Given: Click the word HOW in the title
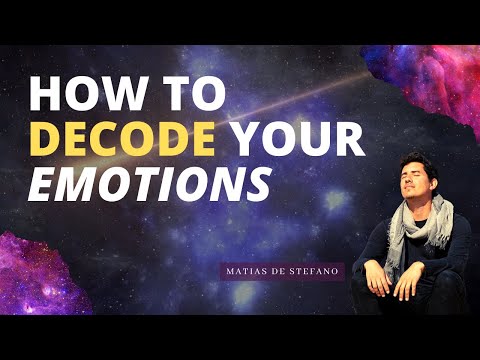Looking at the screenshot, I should coord(76,96).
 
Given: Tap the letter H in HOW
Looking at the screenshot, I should coord(44,96).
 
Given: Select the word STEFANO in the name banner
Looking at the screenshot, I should coord(317,271).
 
